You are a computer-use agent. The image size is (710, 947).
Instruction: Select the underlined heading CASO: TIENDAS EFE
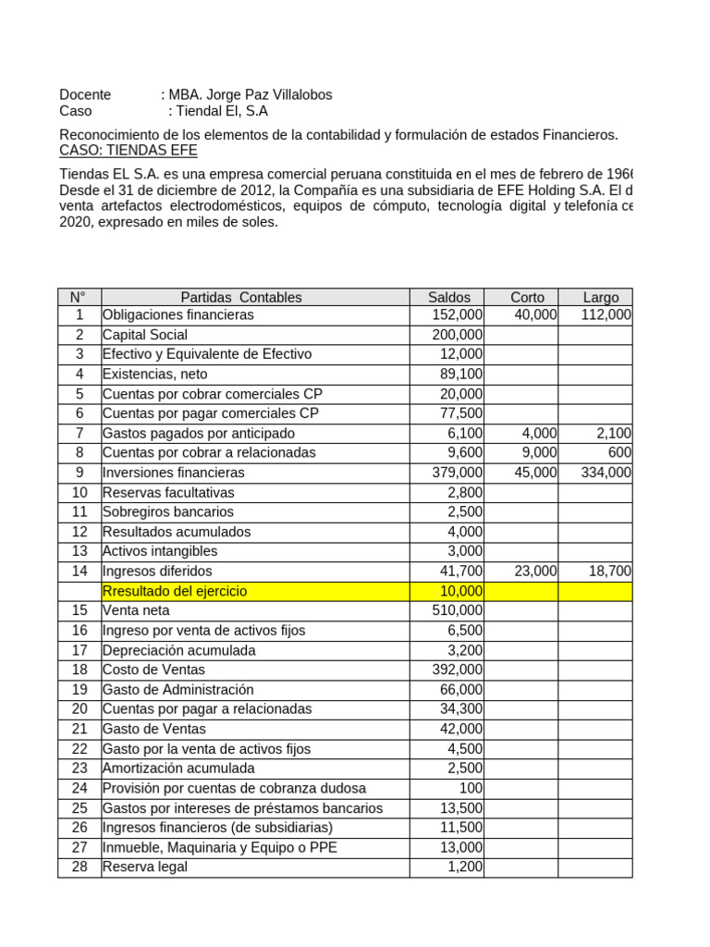(x=128, y=150)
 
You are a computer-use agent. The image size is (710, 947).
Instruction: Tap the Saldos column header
(x=448, y=297)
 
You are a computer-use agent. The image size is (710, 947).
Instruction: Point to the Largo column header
(x=601, y=297)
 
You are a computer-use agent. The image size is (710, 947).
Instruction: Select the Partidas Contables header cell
(x=240, y=297)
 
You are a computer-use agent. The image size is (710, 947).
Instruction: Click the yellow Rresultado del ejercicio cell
(x=175, y=591)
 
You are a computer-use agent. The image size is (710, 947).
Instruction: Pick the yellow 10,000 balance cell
(x=459, y=591)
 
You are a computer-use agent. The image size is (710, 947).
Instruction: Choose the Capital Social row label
(x=144, y=335)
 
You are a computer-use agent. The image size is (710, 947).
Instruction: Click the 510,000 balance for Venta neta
(x=457, y=610)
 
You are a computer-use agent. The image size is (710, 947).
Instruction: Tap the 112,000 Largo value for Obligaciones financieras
(x=606, y=315)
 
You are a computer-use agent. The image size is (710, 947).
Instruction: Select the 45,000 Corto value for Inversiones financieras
(x=536, y=473)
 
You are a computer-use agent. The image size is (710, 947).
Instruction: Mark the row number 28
(x=80, y=867)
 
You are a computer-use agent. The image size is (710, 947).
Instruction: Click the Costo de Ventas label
(x=153, y=670)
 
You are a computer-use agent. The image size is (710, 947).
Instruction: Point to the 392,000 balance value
(x=457, y=670)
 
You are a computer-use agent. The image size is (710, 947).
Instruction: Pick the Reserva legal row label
(x=144, y=867)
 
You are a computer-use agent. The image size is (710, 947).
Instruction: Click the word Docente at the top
(x=85, y=94)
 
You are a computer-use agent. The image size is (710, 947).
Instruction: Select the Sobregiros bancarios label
(x=167, y=512)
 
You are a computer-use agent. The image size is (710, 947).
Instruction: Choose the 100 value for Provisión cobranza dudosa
(x=471, y=788)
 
